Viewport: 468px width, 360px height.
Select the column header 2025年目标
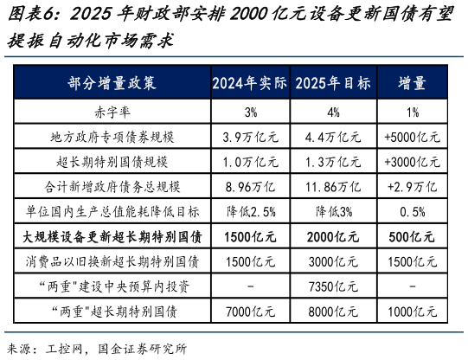333,84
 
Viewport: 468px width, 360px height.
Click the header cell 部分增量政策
112,84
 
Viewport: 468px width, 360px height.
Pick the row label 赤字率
112,112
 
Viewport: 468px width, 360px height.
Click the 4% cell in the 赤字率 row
333,112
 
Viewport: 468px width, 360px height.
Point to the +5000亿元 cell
411,137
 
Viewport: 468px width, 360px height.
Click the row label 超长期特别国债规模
112,162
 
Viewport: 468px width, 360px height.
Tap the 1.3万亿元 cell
333,162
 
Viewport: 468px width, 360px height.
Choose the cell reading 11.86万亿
333,186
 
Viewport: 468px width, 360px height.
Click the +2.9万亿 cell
411,186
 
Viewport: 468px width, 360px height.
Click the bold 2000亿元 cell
333,236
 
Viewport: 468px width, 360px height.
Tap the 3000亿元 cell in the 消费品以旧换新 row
333,260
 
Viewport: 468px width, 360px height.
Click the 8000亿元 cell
333,310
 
